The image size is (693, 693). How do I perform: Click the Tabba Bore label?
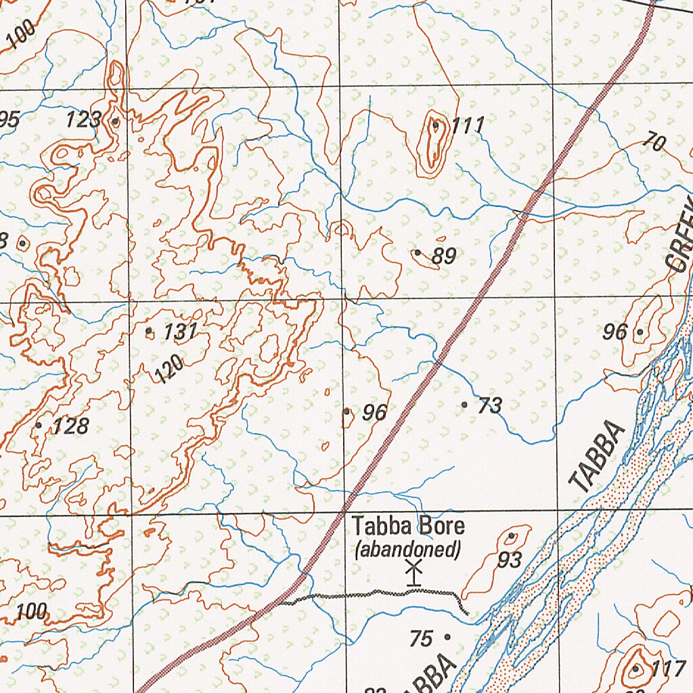click(x=399, y=526)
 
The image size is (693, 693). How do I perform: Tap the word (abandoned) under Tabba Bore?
click(x=408, y=549)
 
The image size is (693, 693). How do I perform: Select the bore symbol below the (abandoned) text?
click(x=413, y=573)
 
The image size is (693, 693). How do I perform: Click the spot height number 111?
click(x=468, y=125)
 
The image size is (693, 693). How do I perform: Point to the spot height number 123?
click(x=83, y=121)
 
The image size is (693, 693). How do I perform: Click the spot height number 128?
click(x=70, y=426)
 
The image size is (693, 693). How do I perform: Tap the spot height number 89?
click(x=444, y=256)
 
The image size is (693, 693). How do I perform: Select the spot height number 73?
click(x=489, y=406)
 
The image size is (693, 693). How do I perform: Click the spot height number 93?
click(x=510, y=560)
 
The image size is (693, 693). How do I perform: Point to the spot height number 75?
click(x=421, y=638)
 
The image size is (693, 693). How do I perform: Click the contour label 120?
click(x=169, y=370)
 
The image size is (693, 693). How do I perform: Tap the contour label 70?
click(x=654, y=143)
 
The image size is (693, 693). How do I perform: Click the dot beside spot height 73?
click(x=465, y=405)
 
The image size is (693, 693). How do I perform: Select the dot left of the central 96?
click(x=346, y=411)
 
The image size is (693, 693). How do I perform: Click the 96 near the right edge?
click(x=615, y=332)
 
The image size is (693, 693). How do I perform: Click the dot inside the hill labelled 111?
click(x=436, y=125)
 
